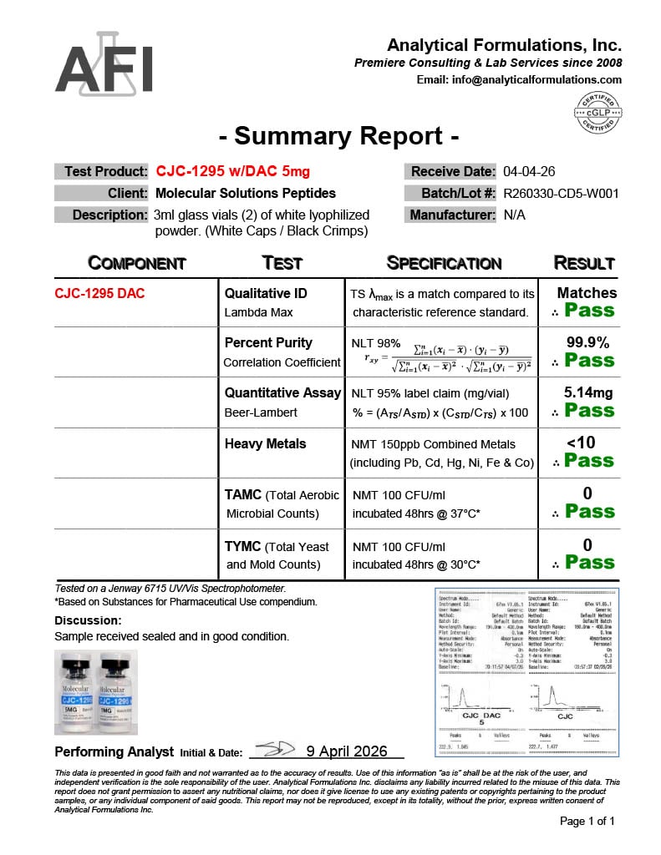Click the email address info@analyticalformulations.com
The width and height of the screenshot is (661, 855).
pyautogui.click(x=519, y=80)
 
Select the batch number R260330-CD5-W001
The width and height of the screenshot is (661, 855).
pyautogui.click(x=561, y=194)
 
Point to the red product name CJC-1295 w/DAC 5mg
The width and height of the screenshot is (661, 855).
pyautogui.click(x=232, y=172)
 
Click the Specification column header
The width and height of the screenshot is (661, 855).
pyautogui.click(x=445, y=263)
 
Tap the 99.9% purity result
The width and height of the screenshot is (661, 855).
pyautogui.click(x=587, y=342)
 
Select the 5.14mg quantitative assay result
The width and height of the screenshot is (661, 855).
pyautogui.click(x=587, y=392)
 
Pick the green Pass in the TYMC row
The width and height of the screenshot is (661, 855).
pyautogui.click(x=589, y=563)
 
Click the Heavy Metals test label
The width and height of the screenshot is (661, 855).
pyautogui.click(x=266, y=444)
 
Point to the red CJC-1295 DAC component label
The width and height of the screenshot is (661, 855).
pyautogui.click(x=99, y=294)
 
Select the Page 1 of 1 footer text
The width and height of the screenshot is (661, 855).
pyautogui.click(x=587, y=822)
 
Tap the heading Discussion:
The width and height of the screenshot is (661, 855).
pyautogui.click(x=88, y=620)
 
